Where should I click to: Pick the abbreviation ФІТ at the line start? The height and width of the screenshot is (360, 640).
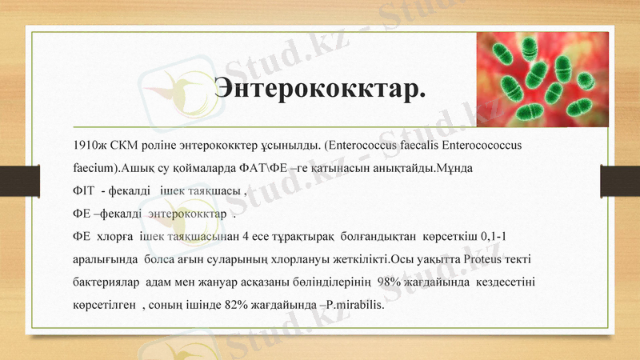point(84,193)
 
